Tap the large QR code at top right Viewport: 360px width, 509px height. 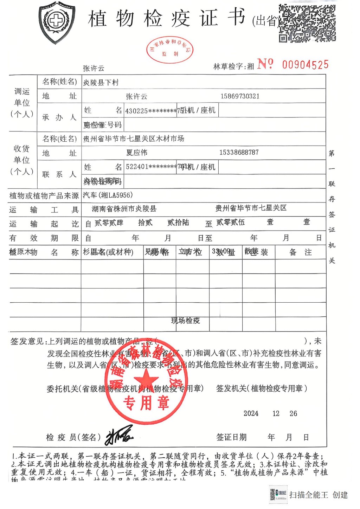click(307, 23)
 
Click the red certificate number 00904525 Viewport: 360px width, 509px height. click(305, 65)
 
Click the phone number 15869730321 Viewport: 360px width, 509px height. click(240, 96)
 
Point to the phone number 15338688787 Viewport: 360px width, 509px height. click(239, 153)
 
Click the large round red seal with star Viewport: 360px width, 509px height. click(146, 384)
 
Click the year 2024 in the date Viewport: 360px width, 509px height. click(251, 414)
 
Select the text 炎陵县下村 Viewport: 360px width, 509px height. click(101, 83)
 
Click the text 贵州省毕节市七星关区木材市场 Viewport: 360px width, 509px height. click(134, 139)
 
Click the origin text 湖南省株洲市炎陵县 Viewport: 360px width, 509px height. click(124, 209)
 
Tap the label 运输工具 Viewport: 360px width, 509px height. click(44, 210)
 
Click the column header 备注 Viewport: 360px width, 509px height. click(300, 252)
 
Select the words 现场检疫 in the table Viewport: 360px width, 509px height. click(185, 321)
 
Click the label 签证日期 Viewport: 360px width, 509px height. click(231, 437)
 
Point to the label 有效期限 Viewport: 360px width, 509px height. click(44, 238)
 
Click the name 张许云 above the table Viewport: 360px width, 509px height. click(94, 68)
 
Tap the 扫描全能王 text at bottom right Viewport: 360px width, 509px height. click(309, 495)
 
